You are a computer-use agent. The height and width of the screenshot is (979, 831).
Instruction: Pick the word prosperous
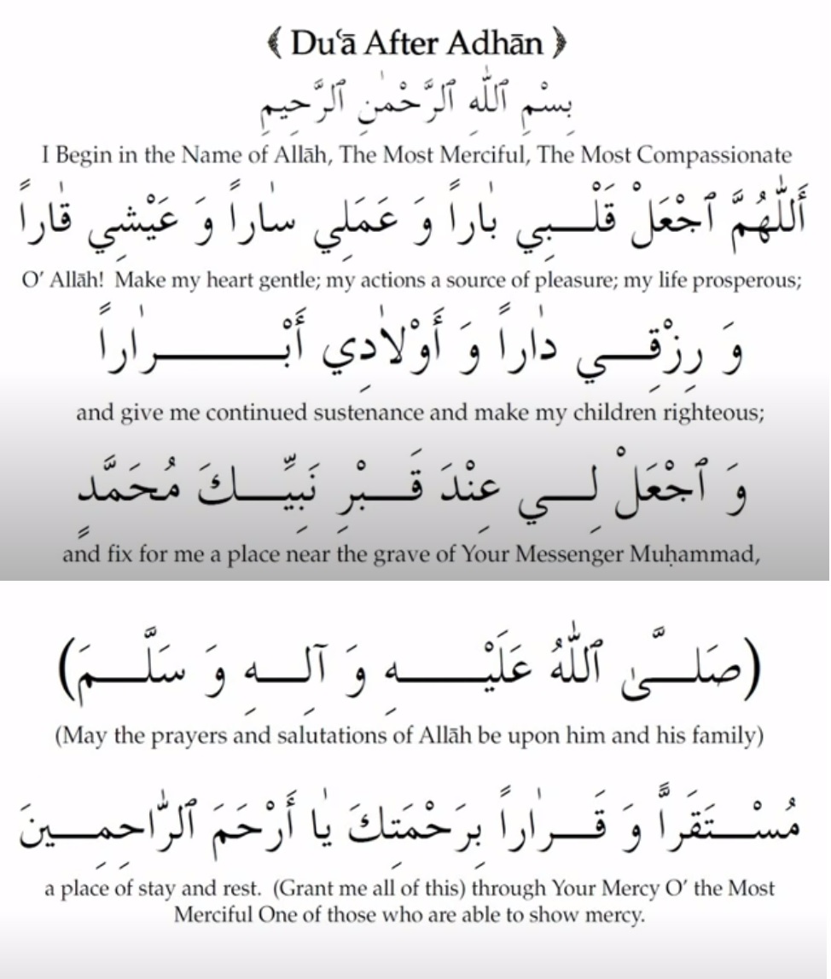click(x=746, y=282)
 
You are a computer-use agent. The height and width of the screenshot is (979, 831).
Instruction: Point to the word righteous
click(x=700, y=414)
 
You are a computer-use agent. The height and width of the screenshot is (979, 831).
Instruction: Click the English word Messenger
click(x=562, y=555)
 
